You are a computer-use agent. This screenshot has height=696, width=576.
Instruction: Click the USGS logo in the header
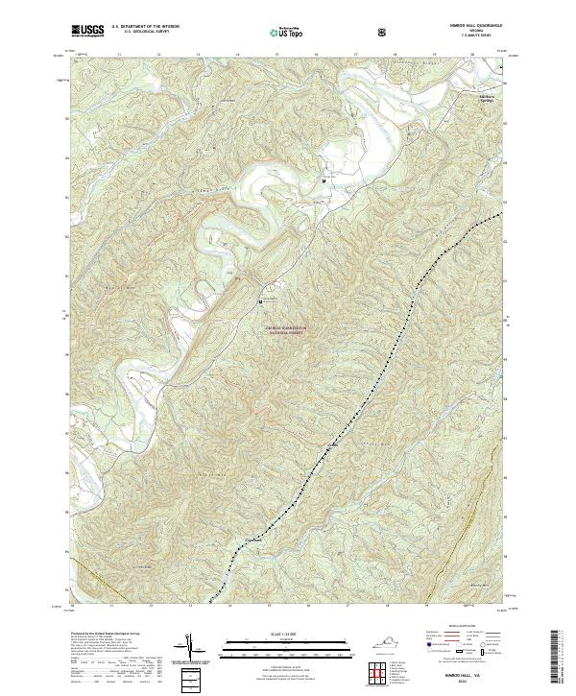88,32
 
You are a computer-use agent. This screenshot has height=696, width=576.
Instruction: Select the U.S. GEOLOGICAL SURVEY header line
139,33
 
